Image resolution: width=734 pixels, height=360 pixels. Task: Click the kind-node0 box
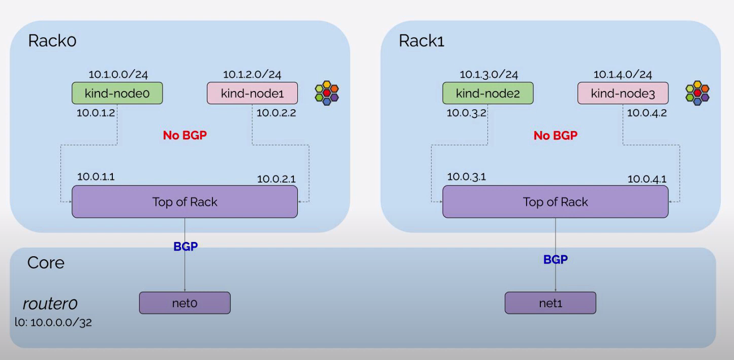tap(117, 94)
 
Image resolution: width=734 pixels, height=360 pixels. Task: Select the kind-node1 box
tap(252, 94)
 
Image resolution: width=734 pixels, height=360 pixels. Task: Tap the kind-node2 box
tap(488, 94)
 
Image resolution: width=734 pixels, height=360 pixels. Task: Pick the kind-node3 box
tap(623, 94)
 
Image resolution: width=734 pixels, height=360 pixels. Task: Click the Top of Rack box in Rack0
tap(185, 202)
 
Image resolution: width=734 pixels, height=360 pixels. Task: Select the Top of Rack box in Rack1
tap(555, 202)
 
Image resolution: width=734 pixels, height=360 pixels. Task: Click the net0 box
tap(185, 303)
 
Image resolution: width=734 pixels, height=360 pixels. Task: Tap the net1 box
tap(550, 303)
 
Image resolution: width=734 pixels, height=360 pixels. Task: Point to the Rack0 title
tap(52, 41)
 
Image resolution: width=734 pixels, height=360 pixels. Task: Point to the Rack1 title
tap(421, 41)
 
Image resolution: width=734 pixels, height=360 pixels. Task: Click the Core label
tap(46, 263)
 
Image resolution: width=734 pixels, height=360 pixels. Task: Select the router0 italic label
tap(50, 304)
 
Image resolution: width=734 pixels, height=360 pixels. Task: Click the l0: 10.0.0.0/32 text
tap(53, 323)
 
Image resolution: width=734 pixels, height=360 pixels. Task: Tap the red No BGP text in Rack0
tap(185, 136)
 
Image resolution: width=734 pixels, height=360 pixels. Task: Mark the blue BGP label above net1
tap(555, 260)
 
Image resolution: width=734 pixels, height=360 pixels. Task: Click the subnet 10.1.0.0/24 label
tap(118, 74)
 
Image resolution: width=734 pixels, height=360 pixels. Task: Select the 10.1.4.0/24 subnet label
tap(623, 74)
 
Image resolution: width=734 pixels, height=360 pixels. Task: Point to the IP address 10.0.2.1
tap(277, 178)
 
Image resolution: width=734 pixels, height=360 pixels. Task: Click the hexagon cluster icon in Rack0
tap(327, 93)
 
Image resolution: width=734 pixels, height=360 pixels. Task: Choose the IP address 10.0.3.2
tap(466, 113)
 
